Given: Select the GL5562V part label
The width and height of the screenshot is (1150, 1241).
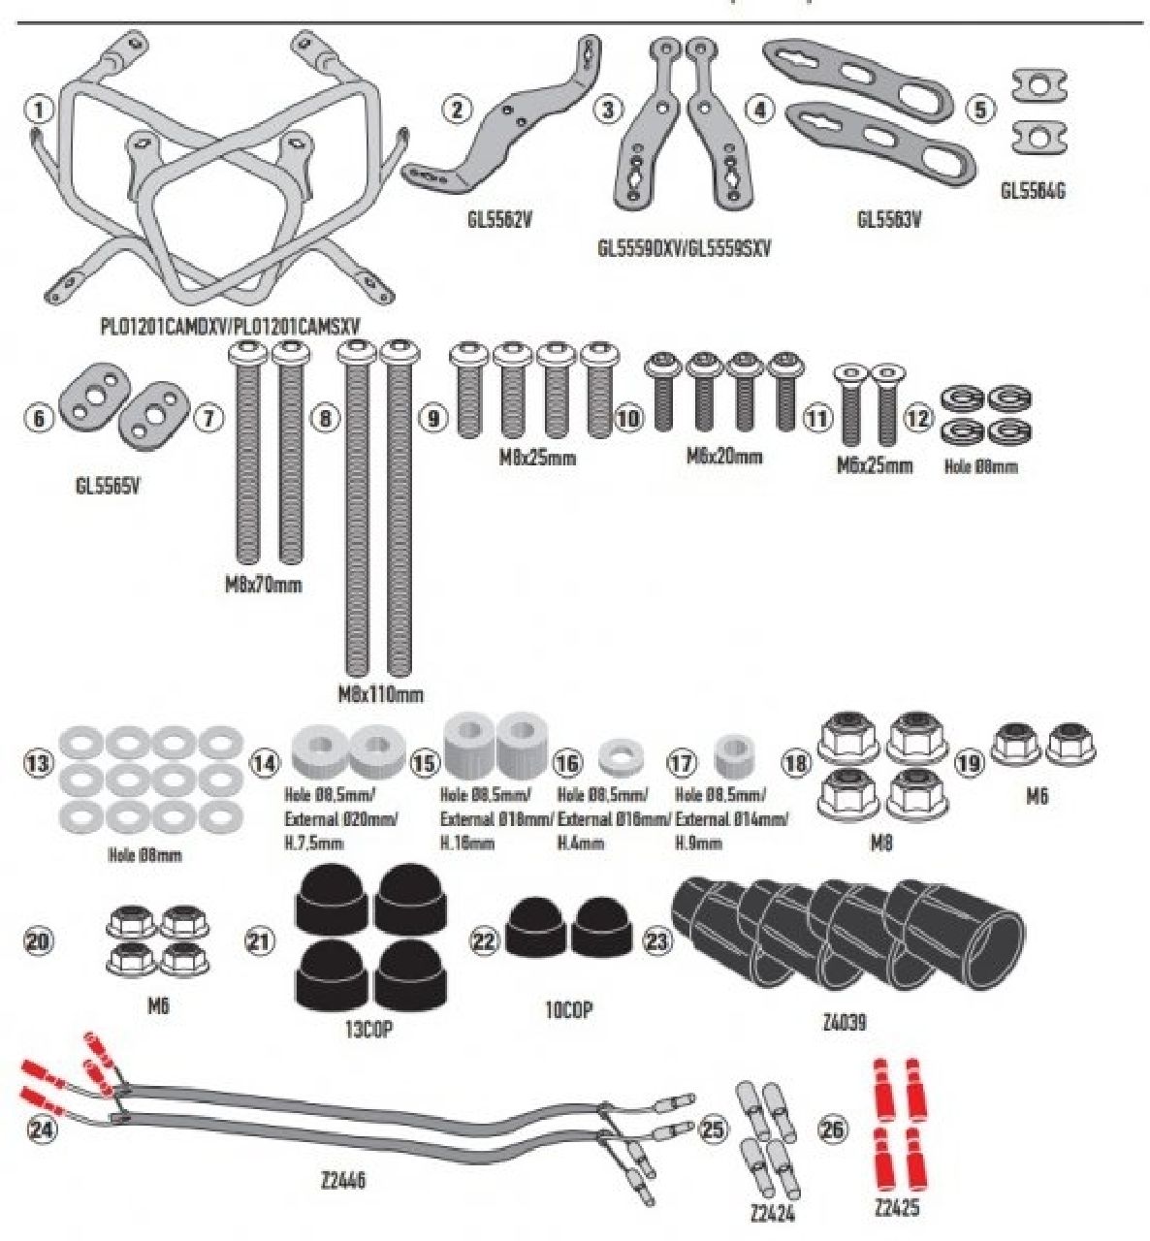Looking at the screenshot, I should pyautogui.click(x=499, y=219).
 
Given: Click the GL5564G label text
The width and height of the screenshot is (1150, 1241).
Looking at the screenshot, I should pyautogui.click(x=1032, y=191).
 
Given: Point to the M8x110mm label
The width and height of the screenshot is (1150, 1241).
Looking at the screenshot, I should pyautogui.click(x=380, y=694).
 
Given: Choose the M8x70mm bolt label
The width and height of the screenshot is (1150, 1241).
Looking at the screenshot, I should pyautogui.click(x=258, y=585).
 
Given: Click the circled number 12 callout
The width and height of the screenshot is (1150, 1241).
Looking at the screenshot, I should pyautogui.click(x=918, y=419).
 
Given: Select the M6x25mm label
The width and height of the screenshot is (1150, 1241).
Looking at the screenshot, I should pyautogui.click(x=875, y=465).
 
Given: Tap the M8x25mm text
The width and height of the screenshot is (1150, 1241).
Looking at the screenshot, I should pyautogui.click(x=537, y=457).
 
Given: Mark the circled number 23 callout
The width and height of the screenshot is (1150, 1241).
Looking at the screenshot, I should pyautogui.click(x=657, y=940).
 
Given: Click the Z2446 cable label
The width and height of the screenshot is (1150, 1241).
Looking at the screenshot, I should pyautogui.click(x=342, y=1181).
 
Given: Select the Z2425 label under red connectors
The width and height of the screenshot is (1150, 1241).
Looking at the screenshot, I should pyautogui.click(x=896, y=1207).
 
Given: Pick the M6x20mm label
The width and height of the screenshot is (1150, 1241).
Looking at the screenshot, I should pyautogui.click(x=724, y=456).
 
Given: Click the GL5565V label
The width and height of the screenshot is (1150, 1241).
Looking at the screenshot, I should pyautogui.click(x=108, y=487).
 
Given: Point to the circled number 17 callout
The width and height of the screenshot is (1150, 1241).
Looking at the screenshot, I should pyautogui.click(x=683, y=764).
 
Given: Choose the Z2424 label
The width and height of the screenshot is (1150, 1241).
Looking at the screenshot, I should pyautogui.click(x=773, y=1212).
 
